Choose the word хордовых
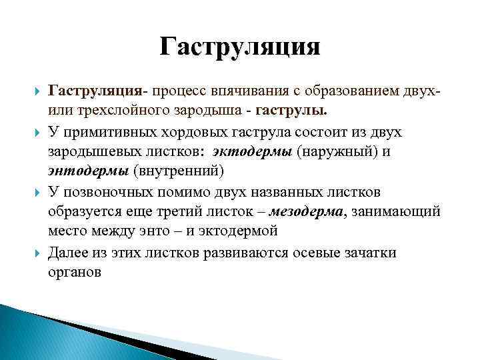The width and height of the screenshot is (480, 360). pyautogui.click(x=184, y=132)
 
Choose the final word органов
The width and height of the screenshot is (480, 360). pyautogui.click(x=75, y=272)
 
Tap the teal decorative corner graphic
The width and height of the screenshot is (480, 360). pyautogui.click(x=40, y=333)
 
